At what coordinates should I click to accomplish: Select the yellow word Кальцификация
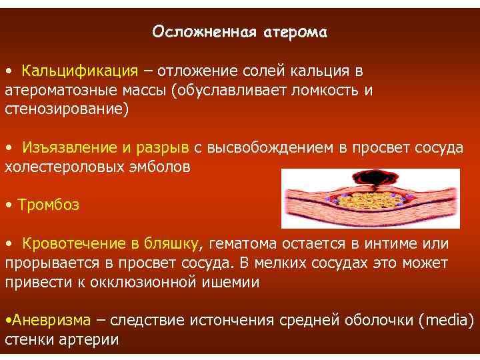79,71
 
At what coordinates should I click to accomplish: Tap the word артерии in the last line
86,339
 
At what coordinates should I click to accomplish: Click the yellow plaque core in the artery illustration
370,198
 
